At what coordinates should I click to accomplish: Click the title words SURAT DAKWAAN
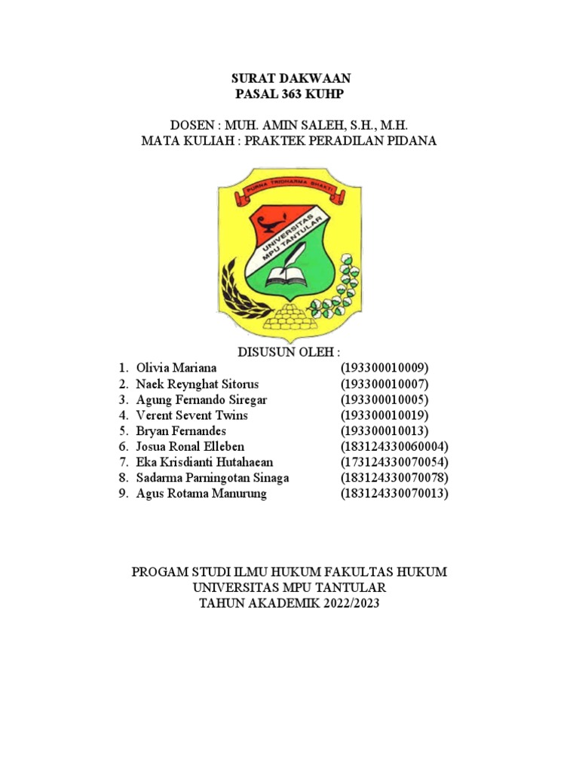(289, 78)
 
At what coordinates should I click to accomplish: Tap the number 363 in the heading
(290, 93)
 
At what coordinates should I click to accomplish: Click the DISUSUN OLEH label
(289, 352)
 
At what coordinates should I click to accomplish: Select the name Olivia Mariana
(176, 368)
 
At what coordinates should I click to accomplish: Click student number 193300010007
(384, 384)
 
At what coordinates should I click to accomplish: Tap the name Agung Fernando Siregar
(201, 400)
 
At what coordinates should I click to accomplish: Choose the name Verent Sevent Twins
(192, 415)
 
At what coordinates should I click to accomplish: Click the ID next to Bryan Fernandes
(384, 431)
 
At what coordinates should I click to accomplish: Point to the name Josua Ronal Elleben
(190, 447)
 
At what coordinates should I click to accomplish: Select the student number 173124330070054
(394, 463)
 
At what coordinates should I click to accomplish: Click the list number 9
(124, 495)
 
